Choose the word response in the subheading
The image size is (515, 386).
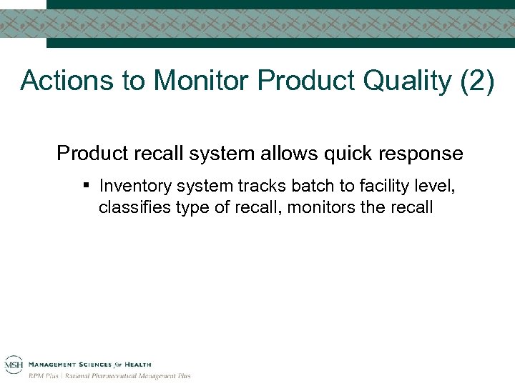tap(422, 154)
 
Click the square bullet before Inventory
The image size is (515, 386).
tap(85, 187)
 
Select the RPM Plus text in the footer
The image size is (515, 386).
tap(44, 375)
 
